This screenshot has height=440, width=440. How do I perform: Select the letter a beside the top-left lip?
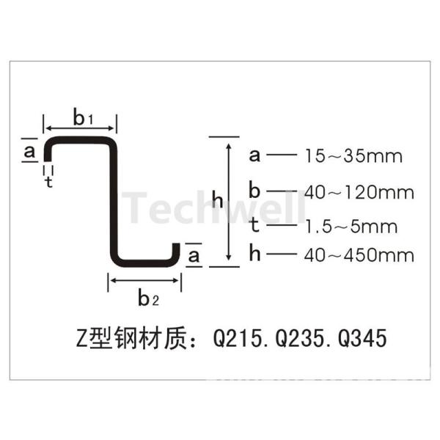pos(29,152)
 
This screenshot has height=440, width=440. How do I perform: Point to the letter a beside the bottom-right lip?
pos(194,255)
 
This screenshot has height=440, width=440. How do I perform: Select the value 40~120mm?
pos(358,193)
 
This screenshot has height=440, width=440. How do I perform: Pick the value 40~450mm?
pos(358,255)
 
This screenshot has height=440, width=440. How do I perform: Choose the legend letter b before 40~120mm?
pos(254,191)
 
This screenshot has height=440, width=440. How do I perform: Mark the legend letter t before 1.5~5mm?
pos(254,224)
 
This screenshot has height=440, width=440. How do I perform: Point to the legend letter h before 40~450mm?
pos(254,254)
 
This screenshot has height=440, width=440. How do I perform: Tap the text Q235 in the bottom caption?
pos(298,339)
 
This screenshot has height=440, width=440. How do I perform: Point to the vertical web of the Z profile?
pos(115,198)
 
